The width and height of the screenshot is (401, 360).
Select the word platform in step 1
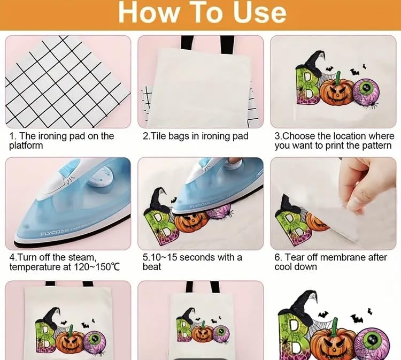click(26, 145)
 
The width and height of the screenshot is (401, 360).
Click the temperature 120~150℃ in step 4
click(96, 267)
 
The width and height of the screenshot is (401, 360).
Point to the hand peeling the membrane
click(369, 185)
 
